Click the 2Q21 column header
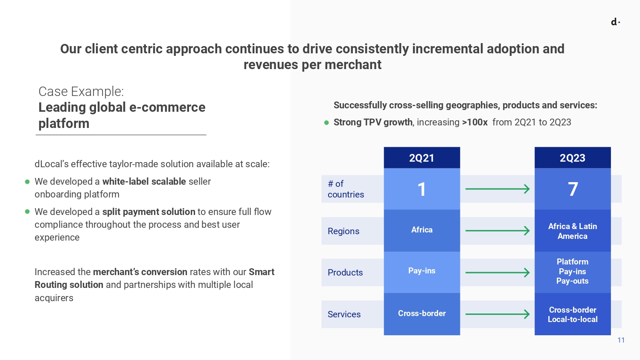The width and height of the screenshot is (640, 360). click(422, 158)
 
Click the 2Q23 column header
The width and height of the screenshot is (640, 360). click(572, 158)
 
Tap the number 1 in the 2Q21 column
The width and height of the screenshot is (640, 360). click(422, 189)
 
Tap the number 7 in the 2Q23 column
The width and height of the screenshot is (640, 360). click(573, 189)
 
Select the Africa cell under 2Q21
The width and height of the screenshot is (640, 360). click(422, 230)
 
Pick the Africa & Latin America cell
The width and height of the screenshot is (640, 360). click(572, 231)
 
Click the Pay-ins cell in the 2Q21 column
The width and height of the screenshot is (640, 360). click(422, 271)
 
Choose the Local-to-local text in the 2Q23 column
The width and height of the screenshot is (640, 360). click(573, 319)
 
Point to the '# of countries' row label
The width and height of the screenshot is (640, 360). click(346, 189)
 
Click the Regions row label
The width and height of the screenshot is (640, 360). click(343, 231)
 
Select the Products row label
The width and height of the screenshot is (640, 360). click(345, 273)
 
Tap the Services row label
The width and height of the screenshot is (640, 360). click(344, 314)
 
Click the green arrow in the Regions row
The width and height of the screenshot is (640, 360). click(497, 231)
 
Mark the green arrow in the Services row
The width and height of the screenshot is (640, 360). click(497, 314)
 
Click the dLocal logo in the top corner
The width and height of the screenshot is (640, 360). click(615, 22)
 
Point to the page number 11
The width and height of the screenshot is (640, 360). click(621, 340)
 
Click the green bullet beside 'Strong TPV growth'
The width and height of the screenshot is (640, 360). click(326, 123)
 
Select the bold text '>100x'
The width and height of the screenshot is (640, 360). click(474, 122)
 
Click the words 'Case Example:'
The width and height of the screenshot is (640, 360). click(81, 91)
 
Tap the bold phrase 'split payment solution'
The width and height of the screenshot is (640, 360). click(148, 212)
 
